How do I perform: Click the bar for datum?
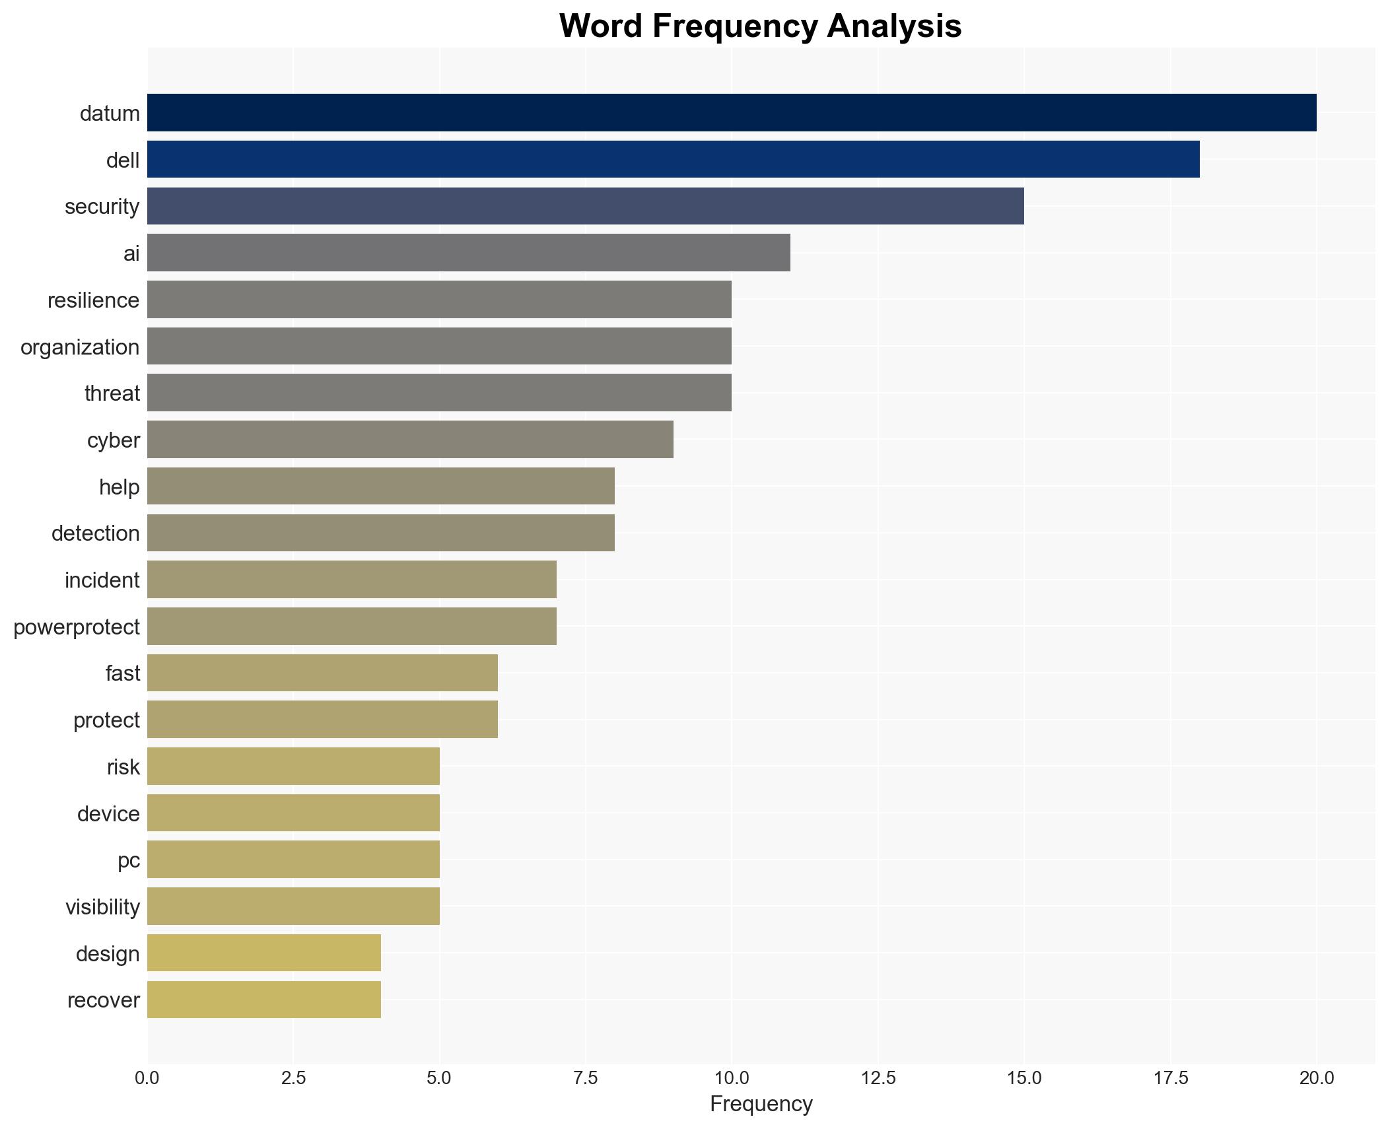coord(731,112)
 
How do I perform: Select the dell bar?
coord(673,159)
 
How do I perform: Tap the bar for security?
coord(585,206)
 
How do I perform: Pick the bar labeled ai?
coord(468,253)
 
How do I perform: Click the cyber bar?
coord(410,439)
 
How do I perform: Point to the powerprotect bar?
coord(351,626)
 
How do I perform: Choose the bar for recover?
coord(263,1000)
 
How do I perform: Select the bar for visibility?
coord(293,906)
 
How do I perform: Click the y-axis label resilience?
coord(93,300)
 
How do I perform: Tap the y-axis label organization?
coord(80,347)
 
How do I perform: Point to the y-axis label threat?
coord(112,393)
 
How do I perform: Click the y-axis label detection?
coord(95,533)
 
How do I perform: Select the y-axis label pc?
coord(128,860)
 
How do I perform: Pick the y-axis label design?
coord(107,954)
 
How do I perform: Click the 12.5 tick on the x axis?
coord(878,1078)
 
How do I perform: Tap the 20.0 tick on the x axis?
coord(1316,1078)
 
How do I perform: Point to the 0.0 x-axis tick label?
coord(147,1078)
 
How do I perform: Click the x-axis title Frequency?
coord(761,1104)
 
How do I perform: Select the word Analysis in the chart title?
coord(893,26)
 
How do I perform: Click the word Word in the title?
coord(601,26)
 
